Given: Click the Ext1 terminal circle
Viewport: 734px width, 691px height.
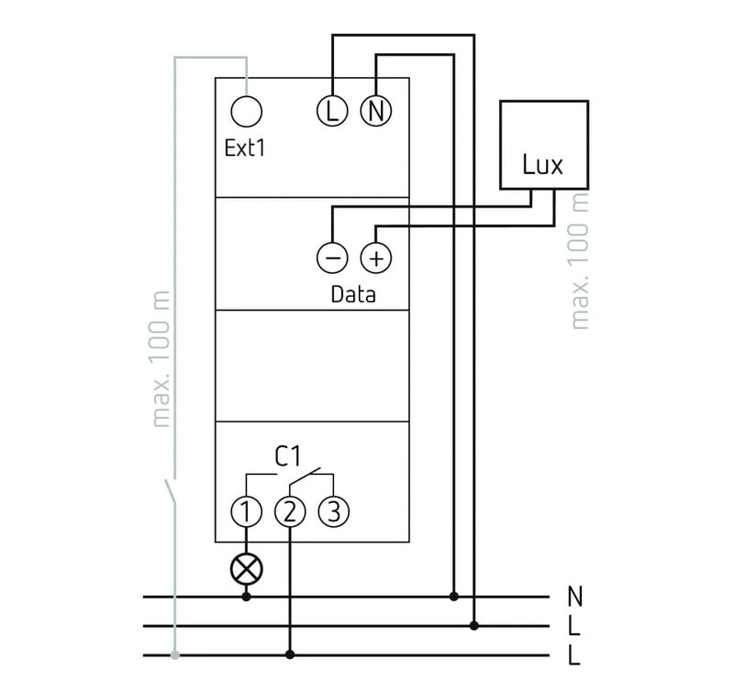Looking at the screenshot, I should (246, 112).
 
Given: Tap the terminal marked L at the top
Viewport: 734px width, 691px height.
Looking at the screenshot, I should (331, 112).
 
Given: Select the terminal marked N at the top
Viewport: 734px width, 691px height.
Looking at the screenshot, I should (374, 112).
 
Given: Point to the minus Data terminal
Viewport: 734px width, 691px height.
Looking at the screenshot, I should (331, 258).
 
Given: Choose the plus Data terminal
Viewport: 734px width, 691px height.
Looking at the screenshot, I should (374, 258).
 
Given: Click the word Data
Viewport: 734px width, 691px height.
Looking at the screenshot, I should (353, 295).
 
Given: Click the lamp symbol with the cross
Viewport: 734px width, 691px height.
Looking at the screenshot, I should (246, 568).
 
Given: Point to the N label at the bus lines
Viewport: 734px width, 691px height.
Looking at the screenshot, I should (575, 597).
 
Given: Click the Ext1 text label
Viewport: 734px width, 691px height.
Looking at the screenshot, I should (245, 148).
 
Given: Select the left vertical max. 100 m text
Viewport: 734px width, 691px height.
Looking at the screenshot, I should (162, 362).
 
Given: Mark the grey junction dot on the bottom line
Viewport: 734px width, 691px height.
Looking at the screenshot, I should (174, 655).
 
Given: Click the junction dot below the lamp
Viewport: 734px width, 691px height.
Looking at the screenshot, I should (246, 597).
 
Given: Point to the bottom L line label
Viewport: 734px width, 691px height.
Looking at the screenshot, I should (575, 656).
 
